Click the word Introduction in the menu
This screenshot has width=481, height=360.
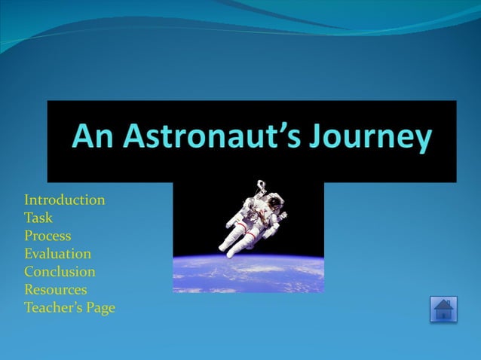[x=64, y=200]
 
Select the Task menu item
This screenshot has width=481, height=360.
[x=38, y=218]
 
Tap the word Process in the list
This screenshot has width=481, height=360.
[x=47, y=236]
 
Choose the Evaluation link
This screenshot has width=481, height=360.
[x=57, y=254]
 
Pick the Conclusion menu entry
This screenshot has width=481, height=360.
[x=60, y=272]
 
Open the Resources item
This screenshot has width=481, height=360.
[x=55, y=290]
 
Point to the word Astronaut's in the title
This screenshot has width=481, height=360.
[x=201, y=138]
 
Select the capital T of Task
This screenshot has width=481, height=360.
[x=29, y=218]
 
